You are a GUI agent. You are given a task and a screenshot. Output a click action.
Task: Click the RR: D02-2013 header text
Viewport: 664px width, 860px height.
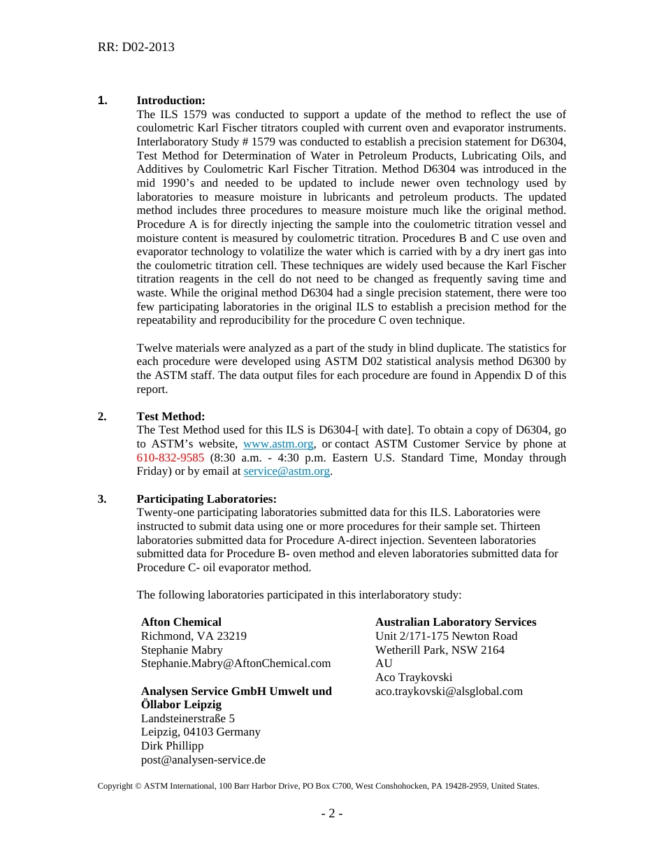pyautogui.click(x=136, y=48)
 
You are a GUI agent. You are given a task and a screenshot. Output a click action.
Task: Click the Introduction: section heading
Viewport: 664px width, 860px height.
pyautogui.click(x=171, y=101)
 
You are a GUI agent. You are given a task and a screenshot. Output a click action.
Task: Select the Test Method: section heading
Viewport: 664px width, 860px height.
pyautogui.click(x=171, y=417)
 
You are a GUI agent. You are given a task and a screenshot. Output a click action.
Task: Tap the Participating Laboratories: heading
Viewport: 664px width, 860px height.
pyautogui.click(x=206, y=499)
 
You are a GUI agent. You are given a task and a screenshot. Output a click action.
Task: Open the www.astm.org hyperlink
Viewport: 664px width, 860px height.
pyautogui.click(x=278, y=444)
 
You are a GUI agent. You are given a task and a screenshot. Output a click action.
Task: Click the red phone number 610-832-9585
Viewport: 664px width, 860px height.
pyautogui.click(x=171, y=458)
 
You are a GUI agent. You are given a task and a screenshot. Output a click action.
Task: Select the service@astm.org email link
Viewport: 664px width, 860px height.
pyautogui.click(x=287, y=471)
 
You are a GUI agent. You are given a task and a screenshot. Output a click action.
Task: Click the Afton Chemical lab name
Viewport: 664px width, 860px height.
pyautogui.click(x=181, y=622)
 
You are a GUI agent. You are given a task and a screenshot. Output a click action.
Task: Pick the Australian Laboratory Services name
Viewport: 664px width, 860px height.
pyautogui.click(x=456, y=622)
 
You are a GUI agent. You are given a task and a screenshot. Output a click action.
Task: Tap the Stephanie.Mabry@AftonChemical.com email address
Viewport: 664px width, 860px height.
pyautogui.click(x=236, y=664)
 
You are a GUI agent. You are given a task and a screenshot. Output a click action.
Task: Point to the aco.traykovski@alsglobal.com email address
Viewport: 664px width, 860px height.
pyautogui.click(x=449, y=691)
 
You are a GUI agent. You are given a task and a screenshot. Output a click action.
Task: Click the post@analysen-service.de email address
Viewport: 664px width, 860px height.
pyautogui.click(x=203, y=760)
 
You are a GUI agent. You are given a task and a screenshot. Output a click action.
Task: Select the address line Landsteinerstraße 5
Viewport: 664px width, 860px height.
pyautogui.click(x=188, y=719)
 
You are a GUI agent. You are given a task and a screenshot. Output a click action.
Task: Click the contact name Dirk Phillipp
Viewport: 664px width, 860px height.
pyautogui.click(x=172, y=746)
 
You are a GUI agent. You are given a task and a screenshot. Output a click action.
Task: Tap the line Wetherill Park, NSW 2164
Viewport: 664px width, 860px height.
pyautogui.click(x=440, y=650)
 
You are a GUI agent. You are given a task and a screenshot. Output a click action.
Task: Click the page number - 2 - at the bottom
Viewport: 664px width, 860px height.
pyautogui.click(x=331, y=814)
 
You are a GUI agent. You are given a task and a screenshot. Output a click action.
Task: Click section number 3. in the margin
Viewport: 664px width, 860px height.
pyautogui.click(x=102, y=499)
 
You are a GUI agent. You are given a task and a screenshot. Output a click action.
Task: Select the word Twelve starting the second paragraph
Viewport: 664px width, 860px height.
pyautogui.click(x=154, y=348)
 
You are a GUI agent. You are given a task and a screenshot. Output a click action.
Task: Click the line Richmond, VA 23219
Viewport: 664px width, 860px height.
pyautogui.click(x=194, y=636)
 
